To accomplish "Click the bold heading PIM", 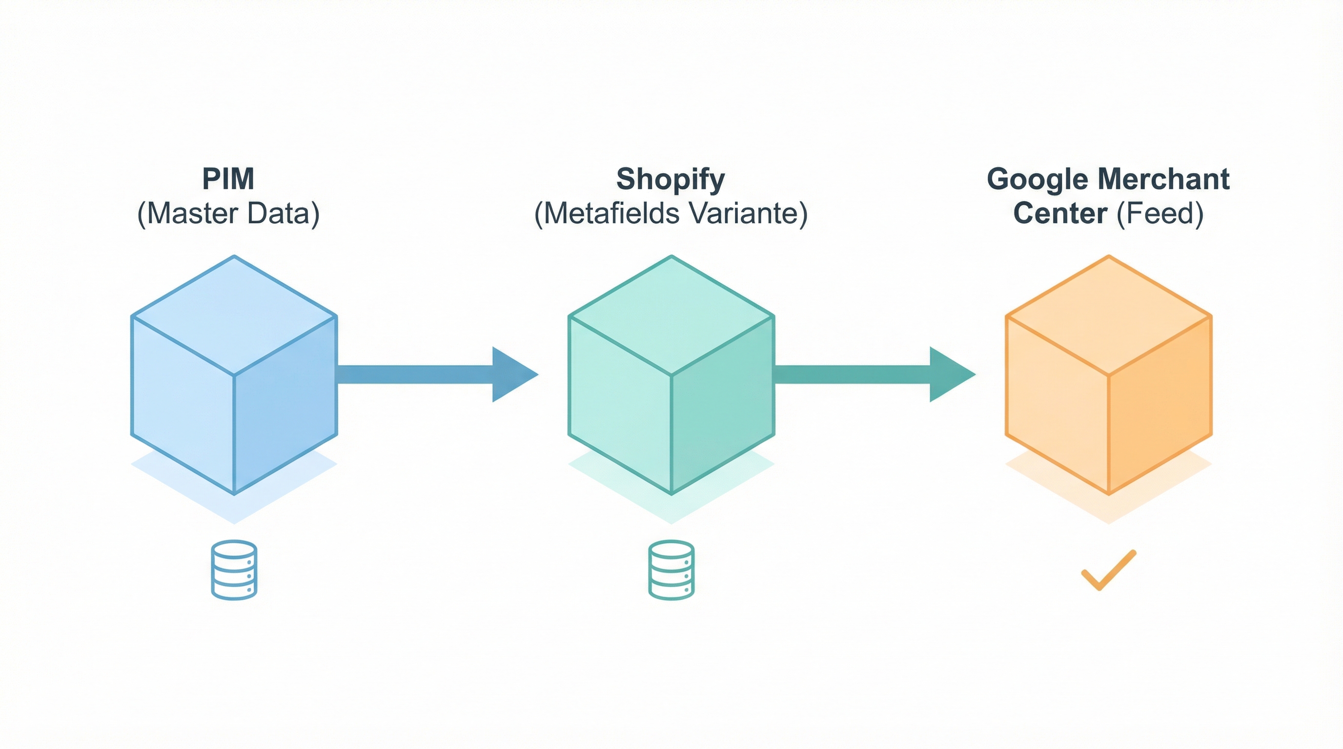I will (228, 179).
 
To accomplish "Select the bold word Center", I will (1060, 214).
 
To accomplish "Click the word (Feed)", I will (1160, 214).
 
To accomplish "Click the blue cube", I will (234, 375).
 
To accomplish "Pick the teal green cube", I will (671, 375).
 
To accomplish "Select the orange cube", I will (1108, 375).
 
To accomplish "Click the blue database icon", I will (234, 570).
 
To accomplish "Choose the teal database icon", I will (671, 570).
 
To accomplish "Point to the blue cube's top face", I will (234, 315).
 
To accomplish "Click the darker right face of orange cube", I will (1160, 406).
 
